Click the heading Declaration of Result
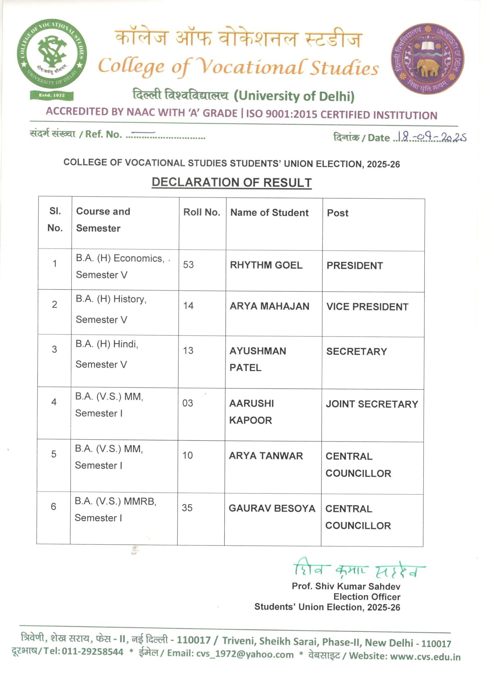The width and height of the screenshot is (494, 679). click(x=231, y=182)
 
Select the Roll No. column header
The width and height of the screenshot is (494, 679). click(x=202, y=212)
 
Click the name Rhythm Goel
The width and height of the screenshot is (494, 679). click(x=266, y=265)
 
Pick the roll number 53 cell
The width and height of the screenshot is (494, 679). click(x=188, y=265)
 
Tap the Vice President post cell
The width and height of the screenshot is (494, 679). click(x=367, y=307)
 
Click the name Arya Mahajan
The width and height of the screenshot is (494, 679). click(x=269, y=306)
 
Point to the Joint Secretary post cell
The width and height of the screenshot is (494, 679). click(x=372, y=404)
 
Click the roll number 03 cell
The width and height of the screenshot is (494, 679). click(x=187, y=403)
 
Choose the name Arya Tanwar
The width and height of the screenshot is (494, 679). click(x=266, y=456)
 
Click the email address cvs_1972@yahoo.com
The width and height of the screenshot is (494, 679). click(x=245, y=654)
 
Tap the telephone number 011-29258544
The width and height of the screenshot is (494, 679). click(x=93, y=651)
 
